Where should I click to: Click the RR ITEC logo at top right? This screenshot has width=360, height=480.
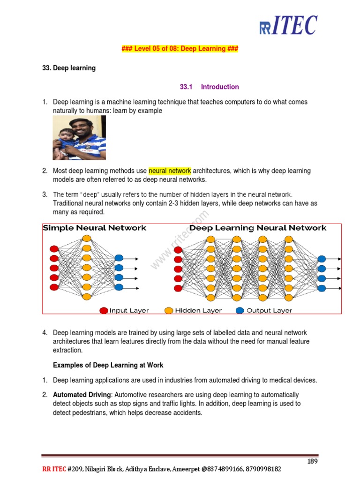288,26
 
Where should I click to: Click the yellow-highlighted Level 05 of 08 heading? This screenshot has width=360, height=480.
180,49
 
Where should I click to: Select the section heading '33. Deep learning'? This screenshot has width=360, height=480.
69,68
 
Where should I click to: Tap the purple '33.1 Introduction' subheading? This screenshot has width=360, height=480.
209,87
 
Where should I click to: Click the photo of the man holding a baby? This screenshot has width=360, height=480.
79,137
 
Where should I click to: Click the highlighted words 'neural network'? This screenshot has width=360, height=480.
170,171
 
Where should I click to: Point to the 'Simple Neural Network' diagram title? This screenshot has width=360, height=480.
95,228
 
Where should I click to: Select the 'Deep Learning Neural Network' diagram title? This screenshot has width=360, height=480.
258,228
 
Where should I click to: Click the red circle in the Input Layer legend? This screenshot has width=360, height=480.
104,310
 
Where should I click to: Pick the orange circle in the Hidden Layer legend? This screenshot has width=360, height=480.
169,310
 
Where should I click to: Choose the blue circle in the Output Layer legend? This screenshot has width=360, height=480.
240,310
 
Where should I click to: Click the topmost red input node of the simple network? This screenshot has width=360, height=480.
54,248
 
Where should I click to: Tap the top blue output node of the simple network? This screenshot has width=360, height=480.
119,258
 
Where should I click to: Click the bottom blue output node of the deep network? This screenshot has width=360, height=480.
322,288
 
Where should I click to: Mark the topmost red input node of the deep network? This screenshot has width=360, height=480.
178,249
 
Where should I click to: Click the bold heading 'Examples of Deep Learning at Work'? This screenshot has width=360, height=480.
108,365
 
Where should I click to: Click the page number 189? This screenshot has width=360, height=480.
313,461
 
